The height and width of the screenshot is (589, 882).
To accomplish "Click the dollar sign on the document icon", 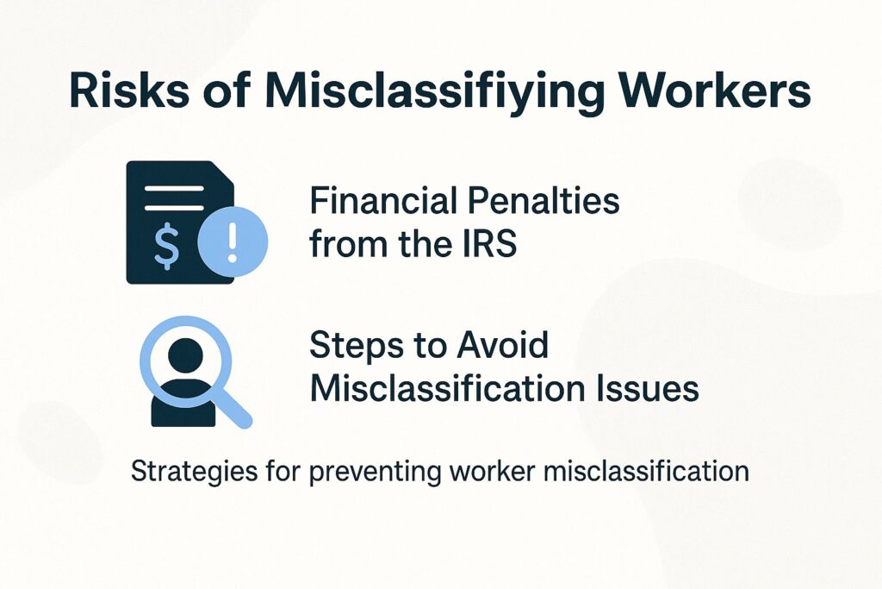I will (x=167, y=245).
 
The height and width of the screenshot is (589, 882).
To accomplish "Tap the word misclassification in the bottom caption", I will (x=650, y=472).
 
